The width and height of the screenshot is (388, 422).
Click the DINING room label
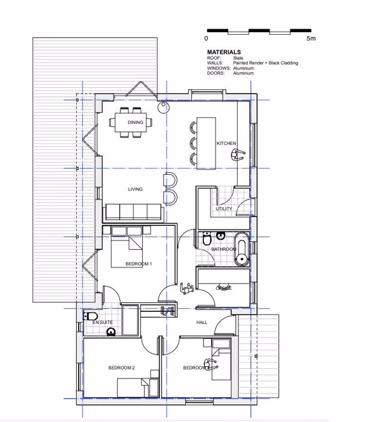pyautogui.click(x=135, y=122)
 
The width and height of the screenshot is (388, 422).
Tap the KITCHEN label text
pyautogui.click(x=226, y=144)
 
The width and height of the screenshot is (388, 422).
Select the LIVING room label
pyautogui.click(x=135, y=189)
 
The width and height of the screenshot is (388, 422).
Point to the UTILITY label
pyautogui.click(x=224, y=209)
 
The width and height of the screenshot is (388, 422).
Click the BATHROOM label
pyautogui.click(x=224, y=249)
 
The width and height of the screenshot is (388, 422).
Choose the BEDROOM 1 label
pyautogui.click(x=138, y=263)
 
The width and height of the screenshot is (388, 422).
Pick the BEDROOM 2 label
pyautogui.click(x=121, y=368)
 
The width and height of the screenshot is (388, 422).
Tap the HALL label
pyautogui.click(x=202, y=323)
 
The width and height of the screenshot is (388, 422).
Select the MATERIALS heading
pyautogui.click(x=224, y=53)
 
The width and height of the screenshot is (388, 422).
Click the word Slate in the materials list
pyautogui.click(x=238, y=58)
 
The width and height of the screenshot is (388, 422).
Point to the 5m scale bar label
pyautogui.click(x=311, y=39)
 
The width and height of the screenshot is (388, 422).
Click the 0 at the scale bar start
pyautogui.click(x=207, y=39)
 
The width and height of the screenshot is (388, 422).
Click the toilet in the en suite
pyautogui.click(x=90, y=316)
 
